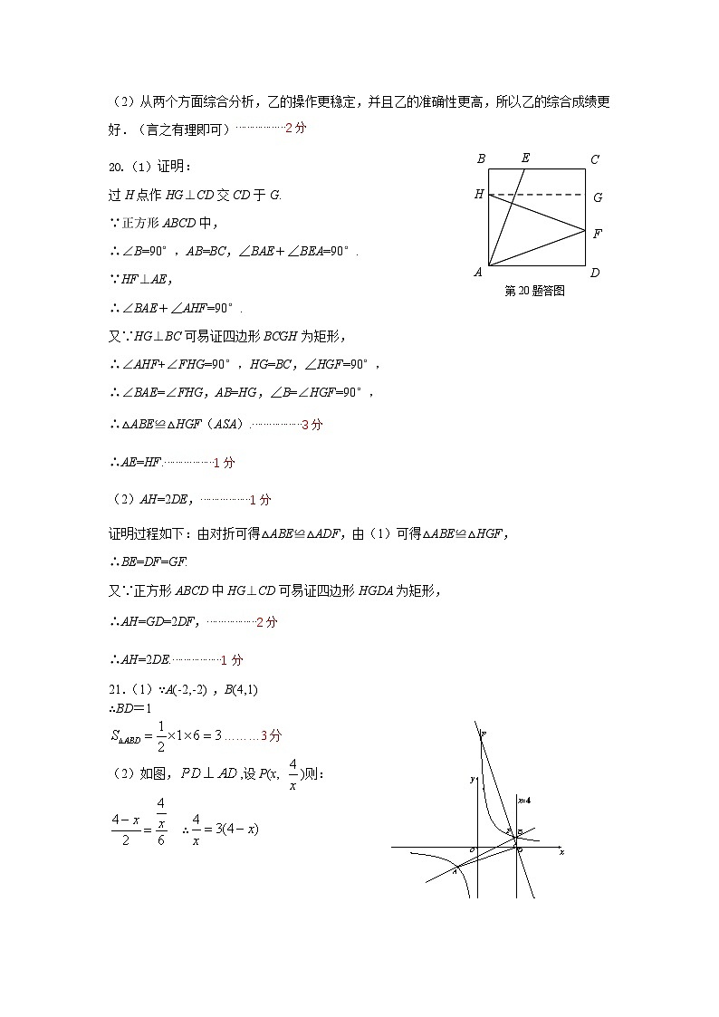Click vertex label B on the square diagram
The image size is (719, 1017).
coord(481,159)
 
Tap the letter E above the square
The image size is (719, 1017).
coord(525,158)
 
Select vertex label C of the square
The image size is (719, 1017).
coord(595,160)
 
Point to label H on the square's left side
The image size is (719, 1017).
coord(479,194)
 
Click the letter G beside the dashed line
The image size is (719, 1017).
coord(598,197)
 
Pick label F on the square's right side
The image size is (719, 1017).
coord(598,234)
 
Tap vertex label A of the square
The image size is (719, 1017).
coord(479,273)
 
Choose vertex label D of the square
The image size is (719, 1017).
coord(595,273)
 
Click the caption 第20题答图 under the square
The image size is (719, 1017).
coord(534,292)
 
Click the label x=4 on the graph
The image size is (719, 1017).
coord(524,800)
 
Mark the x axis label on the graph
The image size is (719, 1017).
coord(561,852)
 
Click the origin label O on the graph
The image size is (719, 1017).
coord(472,851)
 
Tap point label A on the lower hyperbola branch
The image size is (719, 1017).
coord(455,868)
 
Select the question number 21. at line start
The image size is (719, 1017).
coord(116,690)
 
